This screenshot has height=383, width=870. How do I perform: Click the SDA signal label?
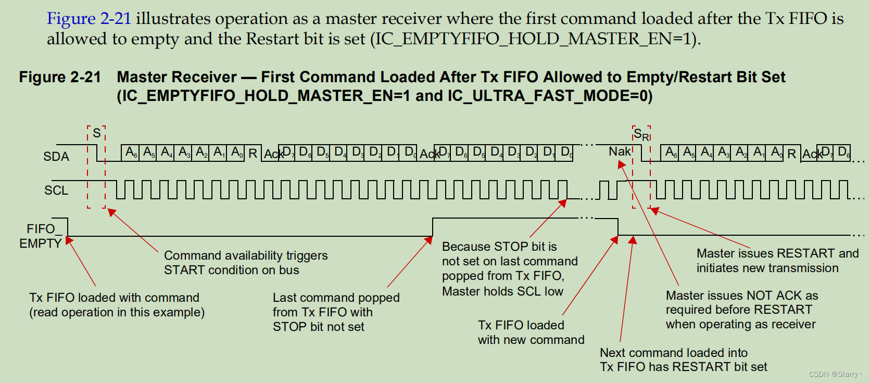click(56, 156)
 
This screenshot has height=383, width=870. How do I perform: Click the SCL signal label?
click(56, 190)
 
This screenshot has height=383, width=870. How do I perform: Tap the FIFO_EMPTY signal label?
click(41, 236)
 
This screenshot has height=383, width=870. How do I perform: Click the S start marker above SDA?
click(96, 133)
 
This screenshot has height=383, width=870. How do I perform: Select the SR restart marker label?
click(641, 134)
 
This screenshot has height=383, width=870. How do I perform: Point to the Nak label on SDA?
click(620, 151)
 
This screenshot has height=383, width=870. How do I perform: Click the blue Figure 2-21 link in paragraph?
click(89, 19)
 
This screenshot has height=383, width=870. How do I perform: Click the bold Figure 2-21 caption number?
click(60, 77)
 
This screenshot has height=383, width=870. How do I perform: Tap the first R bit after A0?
click(253, 154)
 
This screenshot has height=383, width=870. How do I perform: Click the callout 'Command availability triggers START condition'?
click(245, 263)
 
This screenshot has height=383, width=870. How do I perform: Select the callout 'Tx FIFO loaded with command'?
click(117, 305)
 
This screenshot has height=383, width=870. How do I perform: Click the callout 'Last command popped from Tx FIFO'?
click(336, 312)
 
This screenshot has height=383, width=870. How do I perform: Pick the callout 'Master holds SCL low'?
click(509, 269)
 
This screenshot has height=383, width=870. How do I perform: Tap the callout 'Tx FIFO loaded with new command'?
click(531, 333)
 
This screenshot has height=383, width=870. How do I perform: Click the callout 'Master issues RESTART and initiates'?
click(777, 261)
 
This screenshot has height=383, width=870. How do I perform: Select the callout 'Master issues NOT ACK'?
click(741, 310)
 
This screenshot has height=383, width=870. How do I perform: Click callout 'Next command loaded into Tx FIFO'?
click(683, 360)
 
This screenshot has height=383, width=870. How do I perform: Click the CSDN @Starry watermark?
click(833, 374)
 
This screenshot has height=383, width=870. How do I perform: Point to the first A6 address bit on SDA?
click(131, 152)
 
